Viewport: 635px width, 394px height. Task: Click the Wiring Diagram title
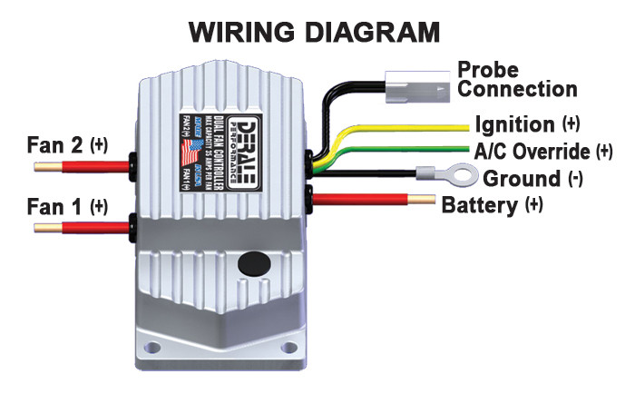tap(314, 31)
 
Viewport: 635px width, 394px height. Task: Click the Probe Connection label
tap(516, 79)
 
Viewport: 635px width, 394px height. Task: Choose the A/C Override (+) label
tap(542, 150)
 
